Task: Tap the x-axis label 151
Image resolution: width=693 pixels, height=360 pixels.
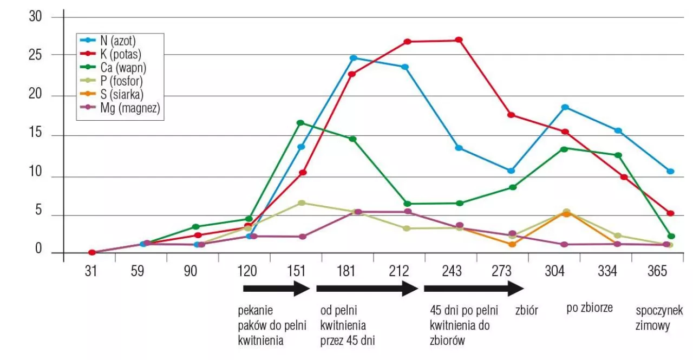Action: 297,271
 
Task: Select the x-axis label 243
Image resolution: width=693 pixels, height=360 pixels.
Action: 452,271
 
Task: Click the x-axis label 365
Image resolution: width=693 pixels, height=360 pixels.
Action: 657,271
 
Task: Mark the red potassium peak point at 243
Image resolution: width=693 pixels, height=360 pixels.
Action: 459,40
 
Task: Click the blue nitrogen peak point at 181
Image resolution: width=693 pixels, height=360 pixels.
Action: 353,58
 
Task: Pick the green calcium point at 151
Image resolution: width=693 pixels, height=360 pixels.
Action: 300,123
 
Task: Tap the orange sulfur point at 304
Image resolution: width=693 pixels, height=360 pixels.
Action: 566,214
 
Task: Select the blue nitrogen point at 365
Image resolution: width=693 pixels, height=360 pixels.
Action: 670,171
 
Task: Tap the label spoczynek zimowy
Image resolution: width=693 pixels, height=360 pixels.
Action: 658,319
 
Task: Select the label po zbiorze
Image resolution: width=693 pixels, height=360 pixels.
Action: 590,308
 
